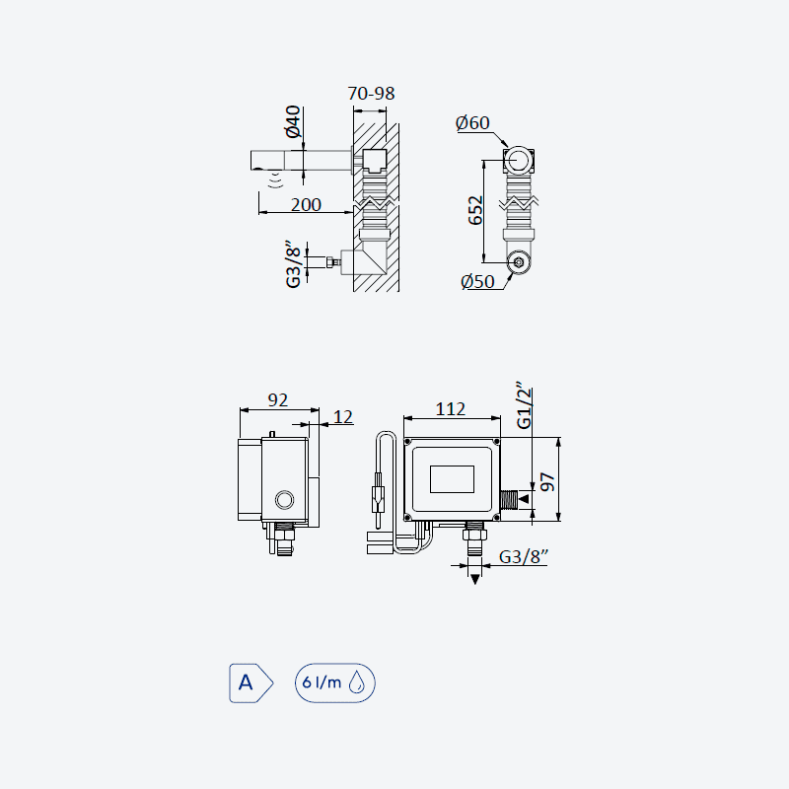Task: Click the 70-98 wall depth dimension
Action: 371,94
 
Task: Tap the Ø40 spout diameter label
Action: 293,121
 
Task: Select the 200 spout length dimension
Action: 306,205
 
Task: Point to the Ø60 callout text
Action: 472,122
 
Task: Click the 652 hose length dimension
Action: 475,210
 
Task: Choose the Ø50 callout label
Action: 477,281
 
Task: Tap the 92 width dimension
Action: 278,400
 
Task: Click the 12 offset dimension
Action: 343,416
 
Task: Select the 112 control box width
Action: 451,409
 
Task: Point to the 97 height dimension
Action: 547,481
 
